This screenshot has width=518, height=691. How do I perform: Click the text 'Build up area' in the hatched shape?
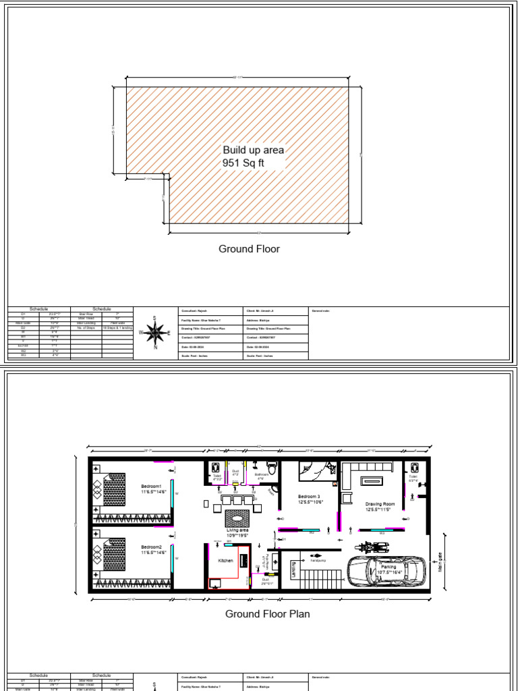(x=253, y=150)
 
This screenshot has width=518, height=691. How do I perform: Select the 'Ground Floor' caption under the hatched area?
(x=249, y=249)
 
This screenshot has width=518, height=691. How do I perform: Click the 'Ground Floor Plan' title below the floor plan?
(x=268, y=614)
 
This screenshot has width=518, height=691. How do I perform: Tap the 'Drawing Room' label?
(x=379, y=506)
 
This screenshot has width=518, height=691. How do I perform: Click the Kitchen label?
(x=225, y=561)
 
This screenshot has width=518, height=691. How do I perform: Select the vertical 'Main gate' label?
(x=440, y=561)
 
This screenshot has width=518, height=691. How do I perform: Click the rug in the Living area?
(x=237, y=518)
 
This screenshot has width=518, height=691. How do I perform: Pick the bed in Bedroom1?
(x=112, y=489)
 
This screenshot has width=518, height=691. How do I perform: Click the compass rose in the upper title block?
(x=155, y=333)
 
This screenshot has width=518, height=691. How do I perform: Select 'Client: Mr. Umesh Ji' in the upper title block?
(x=260, y=311)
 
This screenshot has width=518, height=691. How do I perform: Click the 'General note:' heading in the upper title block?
(x=321, y=311)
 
